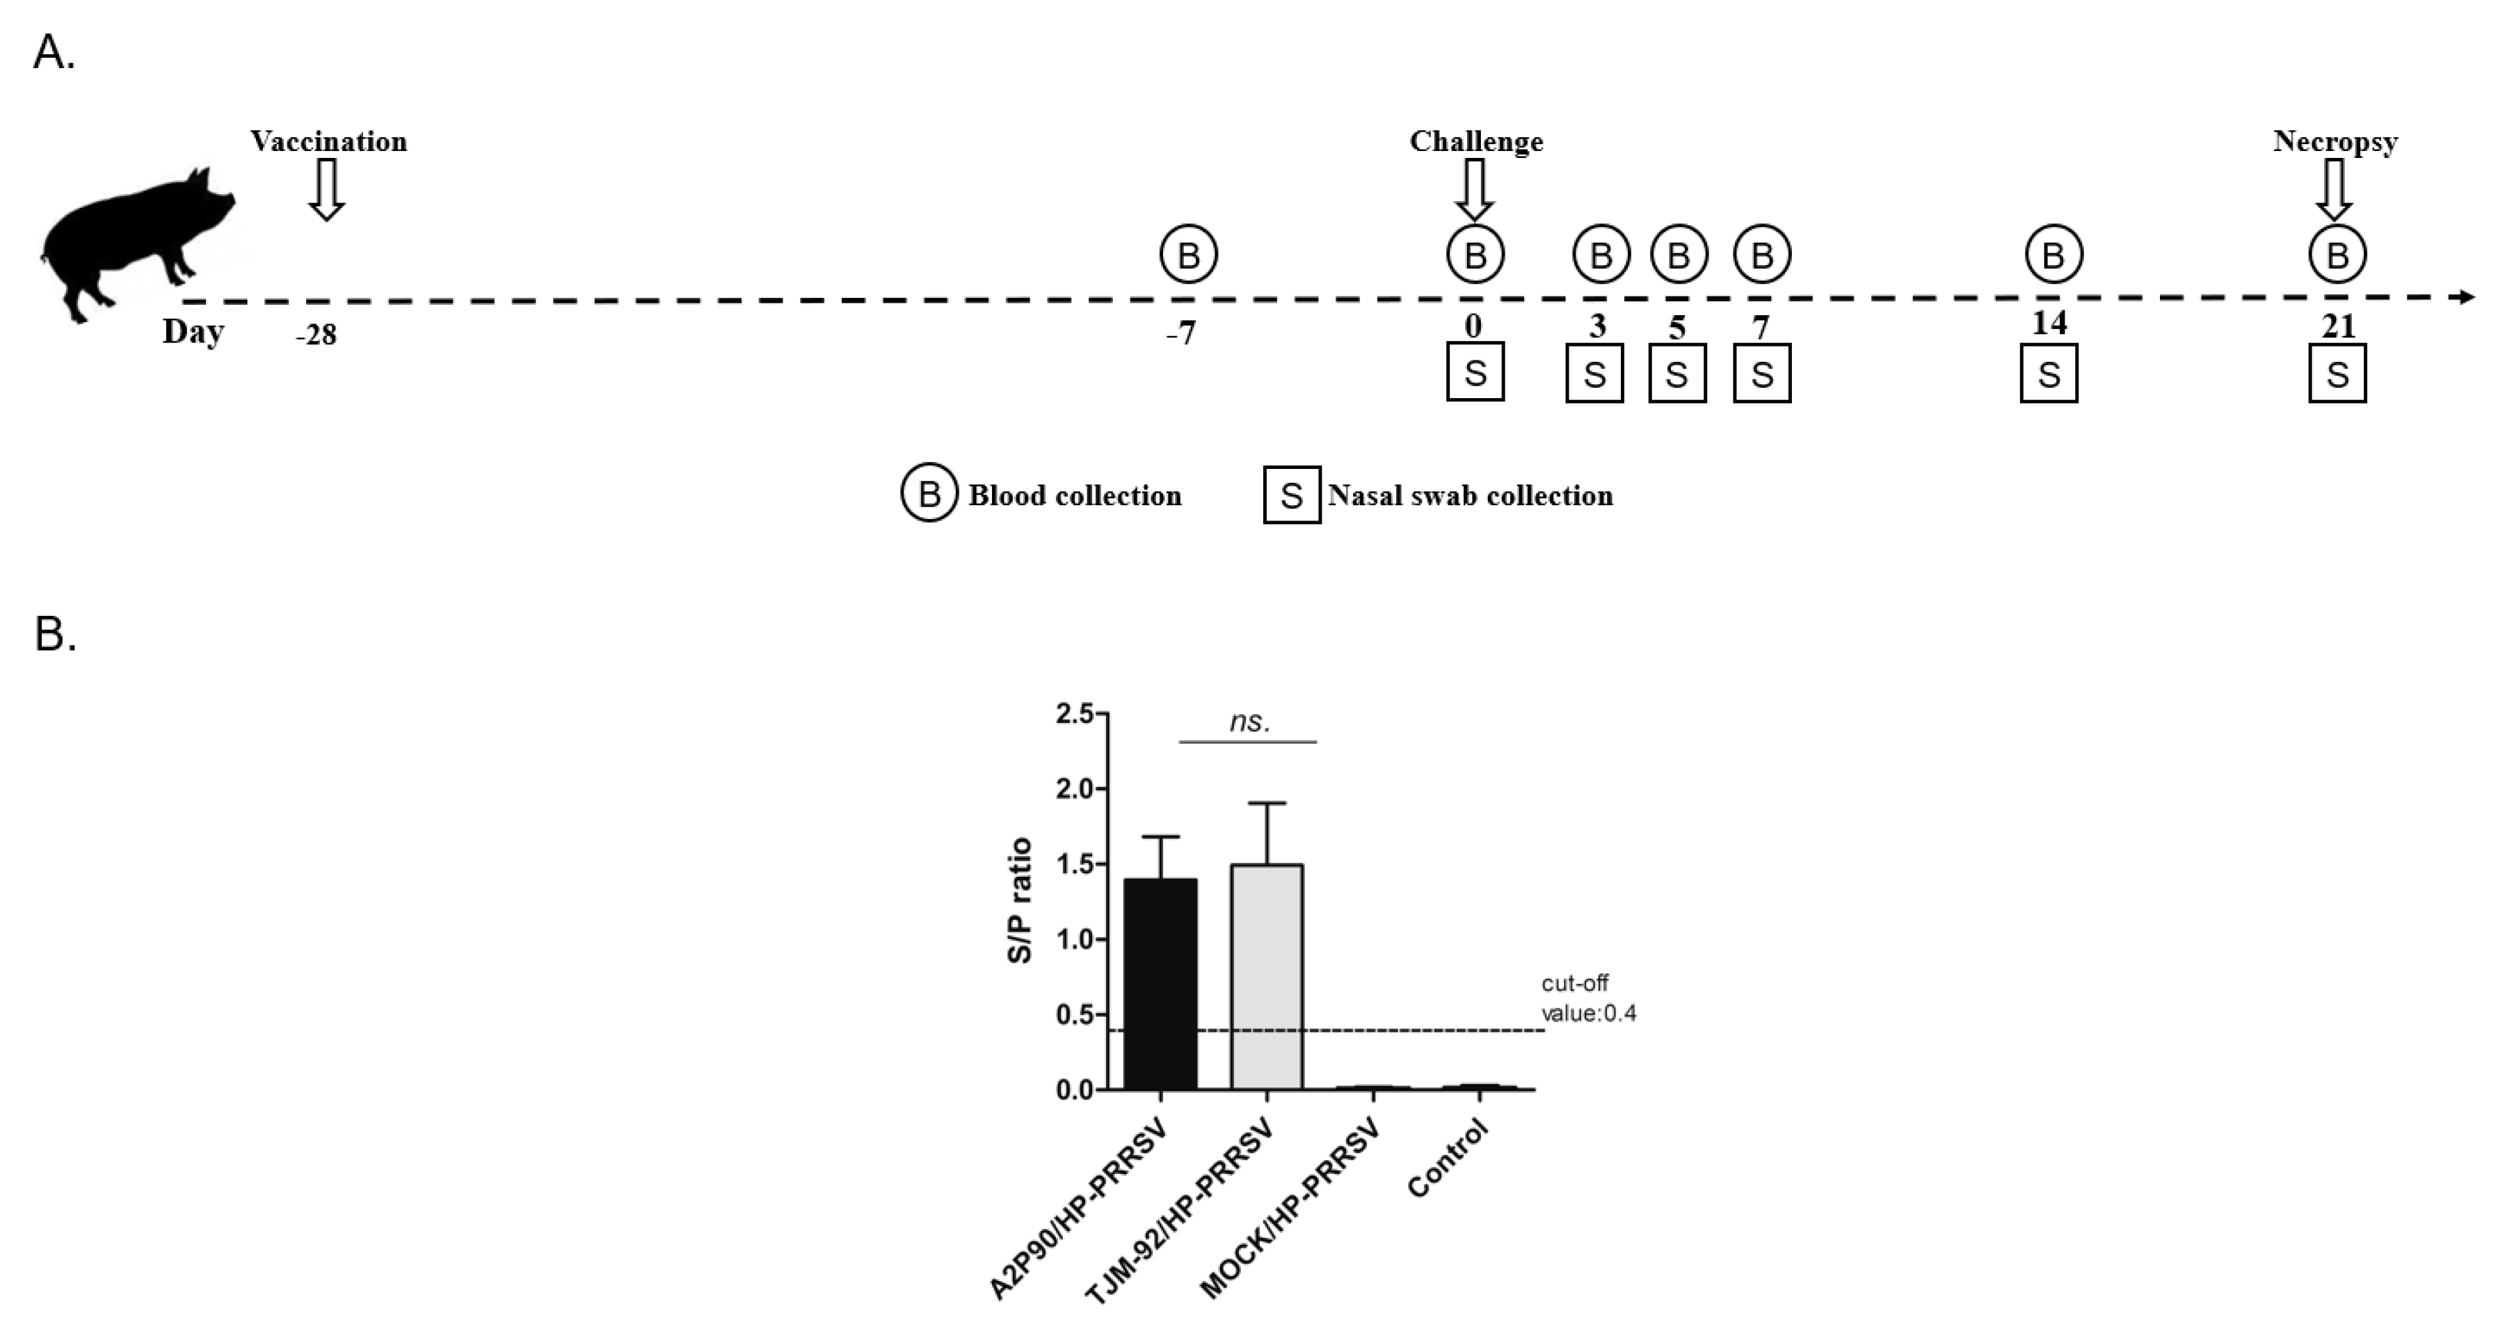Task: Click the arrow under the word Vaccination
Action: pos(327,189)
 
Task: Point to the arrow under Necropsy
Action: pos(2335,189)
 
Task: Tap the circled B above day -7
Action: pos(1189,255)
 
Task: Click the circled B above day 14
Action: pos(2053,255)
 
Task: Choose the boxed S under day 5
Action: pos(1678,373)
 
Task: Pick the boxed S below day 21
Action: pos(2337,373)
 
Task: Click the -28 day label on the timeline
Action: pos(317,335)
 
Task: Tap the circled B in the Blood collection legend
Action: pos(929,494)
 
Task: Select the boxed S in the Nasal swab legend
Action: pos(1292,495)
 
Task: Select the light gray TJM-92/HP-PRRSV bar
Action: pos(1267,976)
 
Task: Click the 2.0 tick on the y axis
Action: pos(1075,788)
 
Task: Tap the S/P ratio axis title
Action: pos(1020,900)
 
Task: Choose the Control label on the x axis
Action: pos(1448,1159)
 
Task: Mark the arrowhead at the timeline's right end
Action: pos(2466,296)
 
